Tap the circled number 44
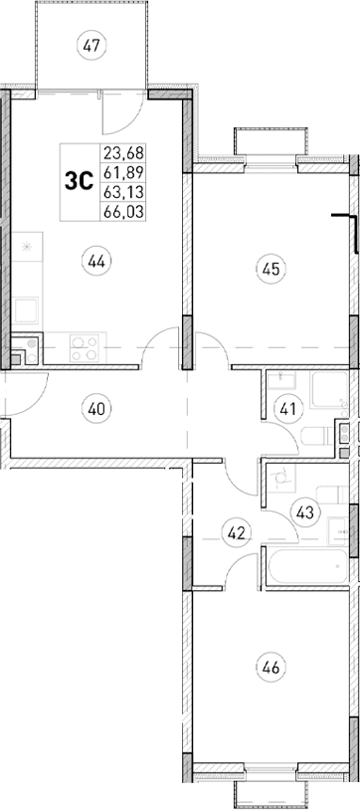pyautogui.click(x=96, y=263)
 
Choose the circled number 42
pyautogui.click(x=236, y=533)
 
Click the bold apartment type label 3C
pyautogui.click(x=79, y=181)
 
